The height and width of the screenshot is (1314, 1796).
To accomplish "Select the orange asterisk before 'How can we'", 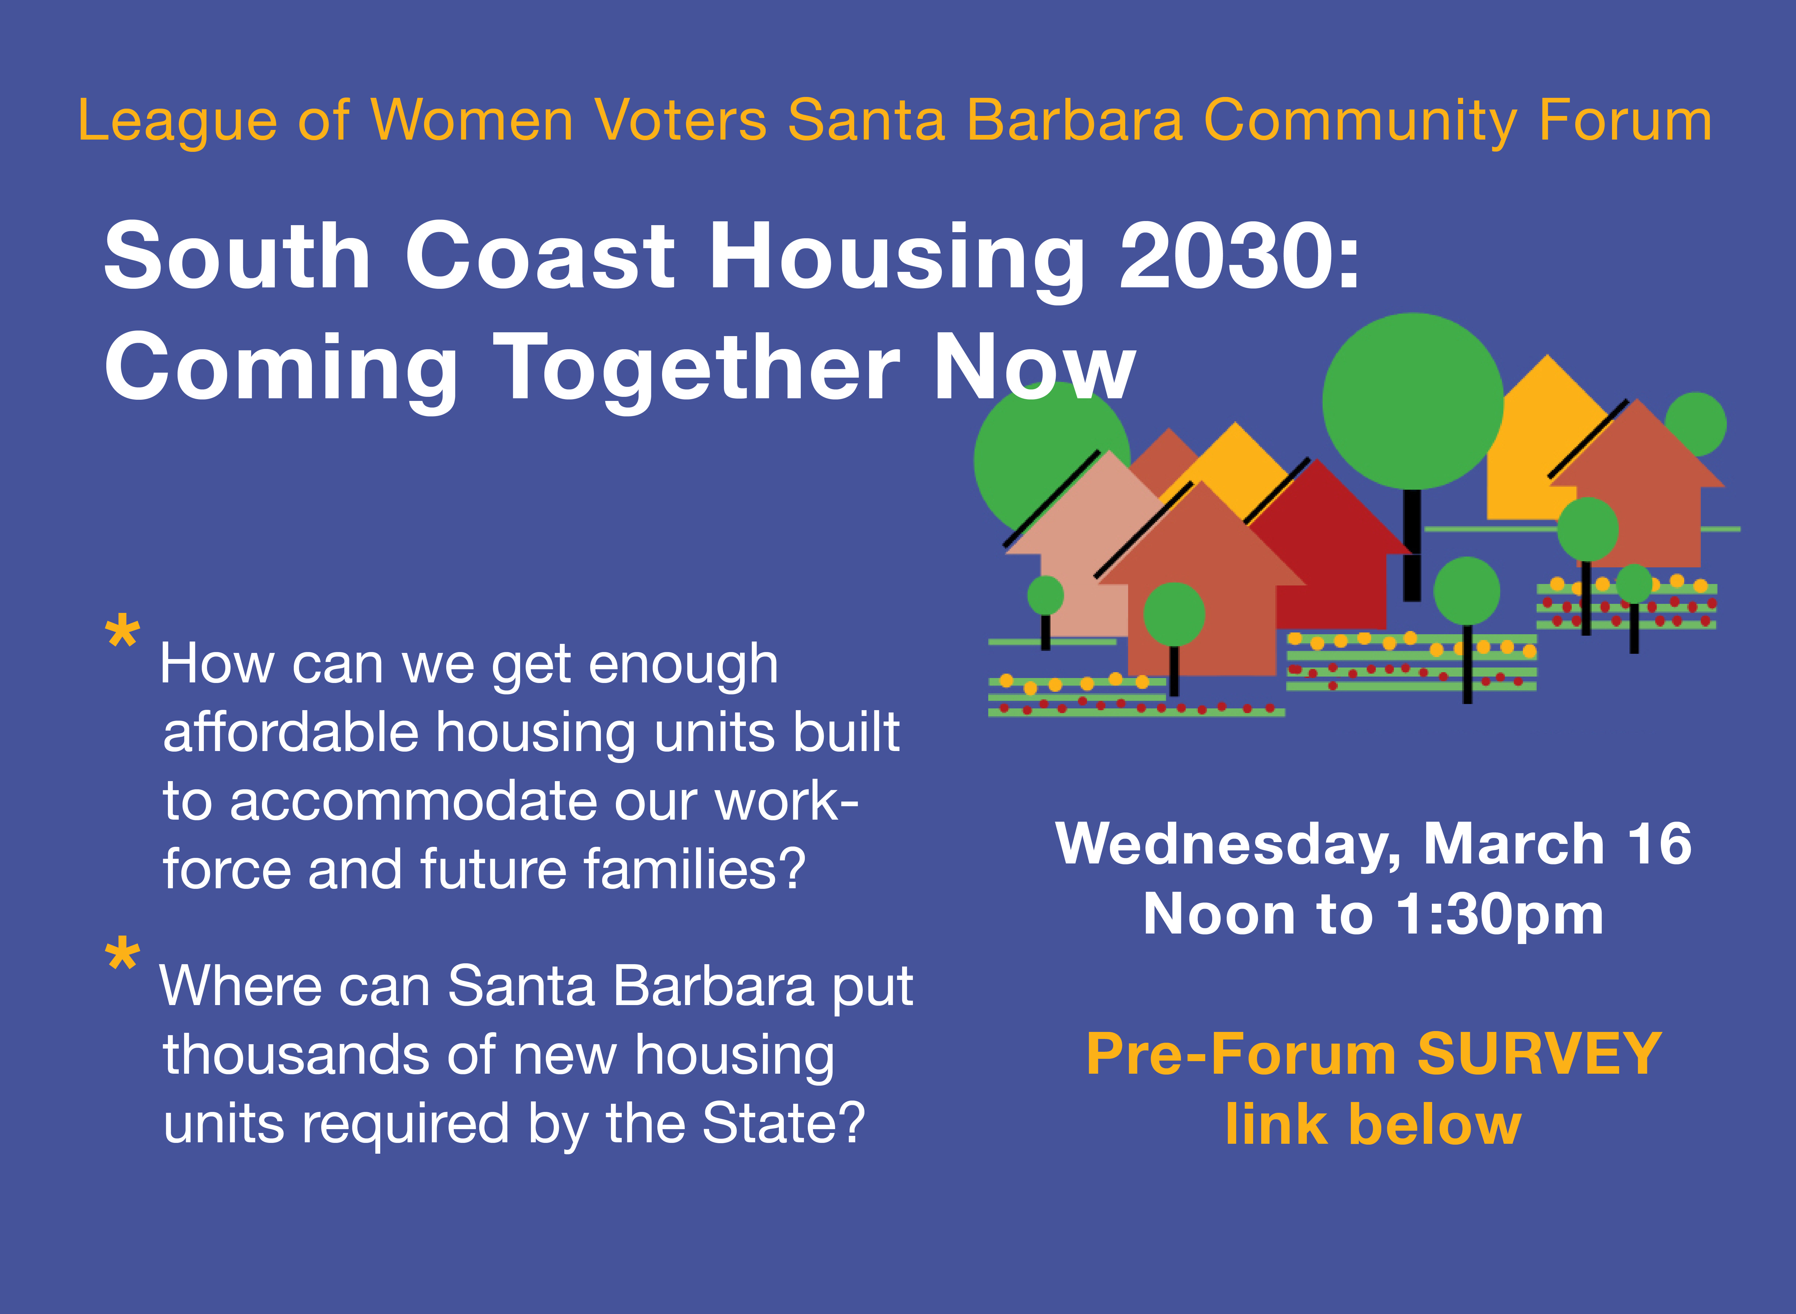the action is tap(122, 632).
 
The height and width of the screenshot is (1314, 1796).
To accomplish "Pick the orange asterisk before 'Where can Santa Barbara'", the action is tap(122, 955).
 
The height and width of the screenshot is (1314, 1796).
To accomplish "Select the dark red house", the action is tap(1324, 549).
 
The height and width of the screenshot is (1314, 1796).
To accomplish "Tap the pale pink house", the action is tap(1082, 549).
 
